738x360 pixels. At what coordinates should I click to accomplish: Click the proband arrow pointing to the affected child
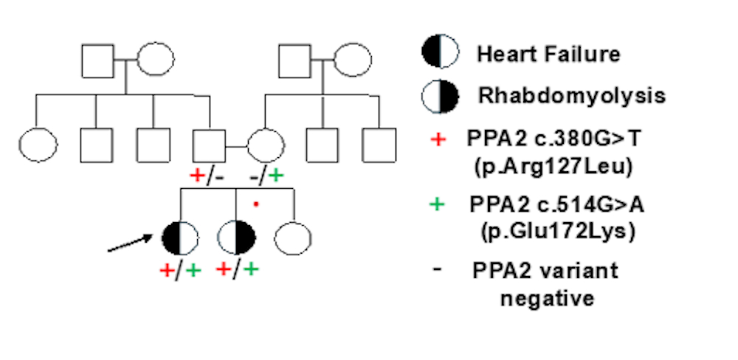[133, 242]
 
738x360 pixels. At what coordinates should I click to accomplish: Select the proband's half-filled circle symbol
[179, 237]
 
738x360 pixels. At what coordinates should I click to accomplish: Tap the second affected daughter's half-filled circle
[237, 237]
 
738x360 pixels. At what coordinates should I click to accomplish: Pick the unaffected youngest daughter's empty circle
[293, 237]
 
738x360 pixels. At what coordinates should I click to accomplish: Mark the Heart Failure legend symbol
[440, 53]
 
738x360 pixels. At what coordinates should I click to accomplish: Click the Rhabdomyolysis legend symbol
[440, 95]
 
